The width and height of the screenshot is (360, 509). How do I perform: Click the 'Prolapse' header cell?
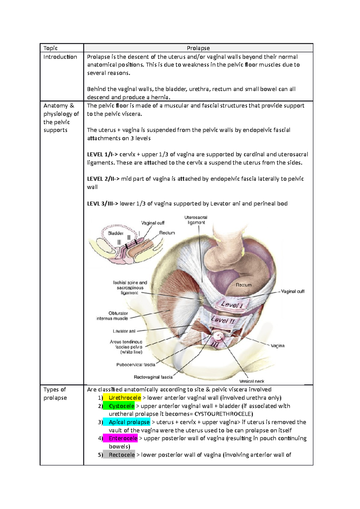(x=198, y=48)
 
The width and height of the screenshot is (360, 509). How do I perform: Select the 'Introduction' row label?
(x=60, y=57)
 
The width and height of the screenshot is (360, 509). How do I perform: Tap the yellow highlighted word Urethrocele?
(x=124, y=397)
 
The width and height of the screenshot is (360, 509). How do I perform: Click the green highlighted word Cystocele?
(x=121, y=406)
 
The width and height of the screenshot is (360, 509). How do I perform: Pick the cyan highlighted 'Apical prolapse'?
(x=129, y=422)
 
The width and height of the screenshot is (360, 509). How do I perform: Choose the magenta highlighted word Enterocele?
(x=123, y=438)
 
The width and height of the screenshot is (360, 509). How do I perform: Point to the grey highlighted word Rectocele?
(x=121, y=455)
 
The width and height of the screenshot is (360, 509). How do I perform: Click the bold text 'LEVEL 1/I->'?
(x=102, y=154)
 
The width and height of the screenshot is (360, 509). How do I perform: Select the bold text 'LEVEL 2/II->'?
(x=103, y=179)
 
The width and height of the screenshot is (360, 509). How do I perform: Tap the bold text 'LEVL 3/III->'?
(x=102, y=204)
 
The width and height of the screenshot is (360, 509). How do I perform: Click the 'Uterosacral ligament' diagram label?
(x=196, y=220)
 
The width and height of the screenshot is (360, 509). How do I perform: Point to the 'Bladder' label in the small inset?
(x=115, y=233)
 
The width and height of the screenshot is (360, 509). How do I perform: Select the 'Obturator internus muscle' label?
(x=112, y=316)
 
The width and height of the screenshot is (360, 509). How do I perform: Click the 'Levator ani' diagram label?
(x=124, y=331)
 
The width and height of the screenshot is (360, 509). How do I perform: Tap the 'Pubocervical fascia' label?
(x=136, y=365)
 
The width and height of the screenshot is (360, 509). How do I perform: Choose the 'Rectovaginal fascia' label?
(x=153, y=377)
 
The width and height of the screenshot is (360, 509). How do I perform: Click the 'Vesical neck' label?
(x=251, y=381)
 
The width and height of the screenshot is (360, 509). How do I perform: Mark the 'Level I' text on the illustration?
(x=232, y=305)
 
